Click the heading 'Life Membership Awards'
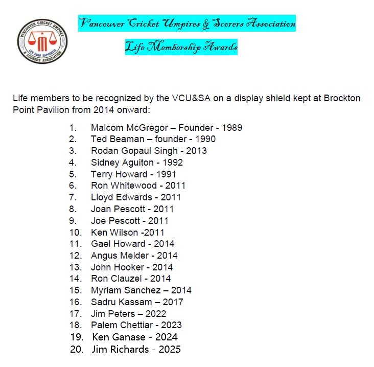click(181, 48)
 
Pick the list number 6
click(73, 186)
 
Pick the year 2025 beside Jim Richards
click(169, 350)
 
